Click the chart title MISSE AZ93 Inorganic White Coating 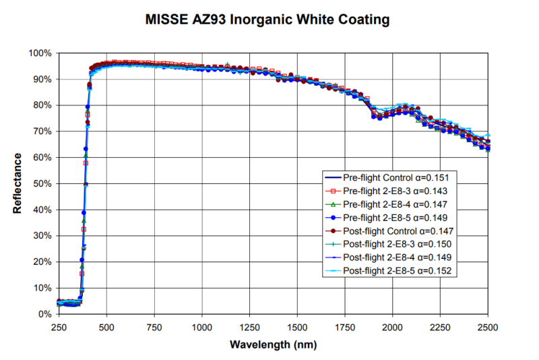[x=267, y=20]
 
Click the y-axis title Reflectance [x=18, y=183]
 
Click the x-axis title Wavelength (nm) [x=273, y=344]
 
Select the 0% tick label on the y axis [x=44, y=314]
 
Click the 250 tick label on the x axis [x=59, y=327]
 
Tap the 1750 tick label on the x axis [x=345, y=327]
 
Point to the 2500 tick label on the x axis [x=488, y=327]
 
